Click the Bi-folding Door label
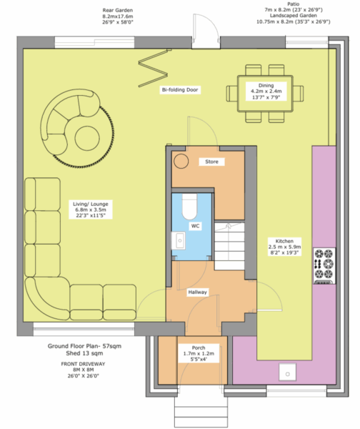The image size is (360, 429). [180, 90]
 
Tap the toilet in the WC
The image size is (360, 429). [189, 207]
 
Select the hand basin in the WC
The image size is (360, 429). [179, 240]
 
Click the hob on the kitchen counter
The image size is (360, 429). [324, 266]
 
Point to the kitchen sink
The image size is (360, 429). [287, 372]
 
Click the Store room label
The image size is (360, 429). [212, 162]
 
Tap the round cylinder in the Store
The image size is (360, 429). [181, 161]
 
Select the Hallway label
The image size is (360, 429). [197, 292]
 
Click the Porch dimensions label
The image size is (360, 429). [199, 353]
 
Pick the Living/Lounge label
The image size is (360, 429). [91, 209]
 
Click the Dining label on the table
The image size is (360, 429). [266, 91]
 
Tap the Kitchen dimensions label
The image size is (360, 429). [284, 247]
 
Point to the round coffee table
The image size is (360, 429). [87, 138]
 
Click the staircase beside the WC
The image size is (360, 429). [229, 246]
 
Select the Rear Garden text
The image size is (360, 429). [118, 16]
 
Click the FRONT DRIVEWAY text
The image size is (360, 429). [83, 370]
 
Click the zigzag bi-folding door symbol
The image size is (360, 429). [153, 68]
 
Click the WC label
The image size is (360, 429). [195, 226]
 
